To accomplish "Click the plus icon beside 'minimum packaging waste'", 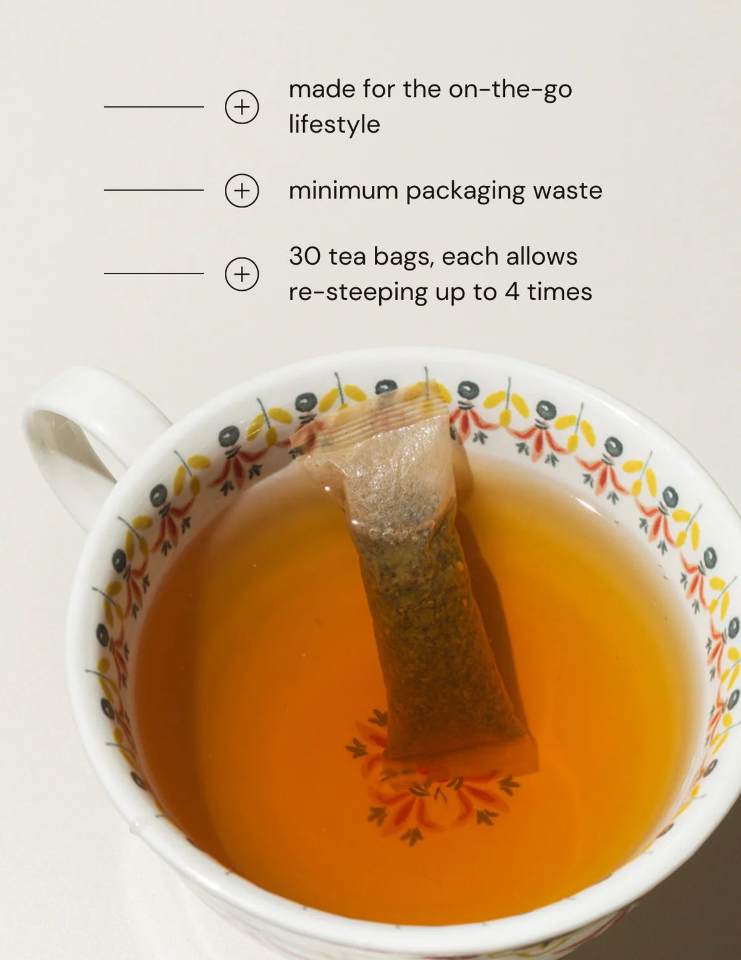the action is (241, 190).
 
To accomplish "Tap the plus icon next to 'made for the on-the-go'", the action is (241, 107).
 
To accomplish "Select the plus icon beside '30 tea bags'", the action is (241, 274).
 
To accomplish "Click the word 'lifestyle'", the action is (335, 125).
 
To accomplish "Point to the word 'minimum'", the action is (344, 190).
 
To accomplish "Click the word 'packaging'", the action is (465, 193).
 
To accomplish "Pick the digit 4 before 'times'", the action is (512, 291).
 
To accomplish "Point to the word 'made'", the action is (322, 90).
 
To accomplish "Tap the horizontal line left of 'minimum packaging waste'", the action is (154, 190).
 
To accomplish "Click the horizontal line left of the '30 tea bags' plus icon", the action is (154, 273).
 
